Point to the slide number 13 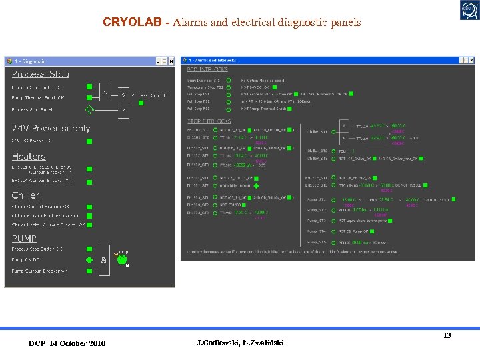click(447, 335)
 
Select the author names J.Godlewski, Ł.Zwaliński click(240, 343)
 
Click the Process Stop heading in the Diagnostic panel click(41, 74)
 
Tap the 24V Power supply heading click(51, 128)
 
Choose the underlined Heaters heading click(29, 157)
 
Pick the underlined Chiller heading click(25, 195)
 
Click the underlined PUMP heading click(24, 238)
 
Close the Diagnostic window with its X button click(171, 61)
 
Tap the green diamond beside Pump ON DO click(89, 259)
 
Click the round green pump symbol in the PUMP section click(121, 259)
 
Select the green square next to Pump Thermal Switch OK click(89, 98)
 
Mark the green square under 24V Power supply click(89, 141)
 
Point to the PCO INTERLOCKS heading click(207, 69)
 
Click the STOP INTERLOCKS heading click(208, 121)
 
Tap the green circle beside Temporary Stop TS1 click(228, 87)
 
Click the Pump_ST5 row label click(317, 242)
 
